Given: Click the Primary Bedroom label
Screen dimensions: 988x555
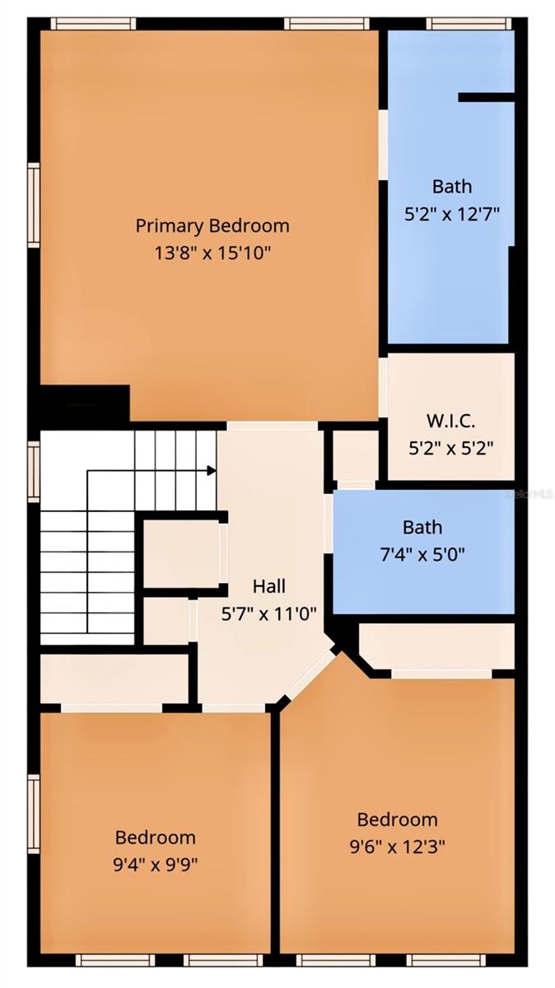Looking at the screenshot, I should pyautogui.click(x=212, y=225).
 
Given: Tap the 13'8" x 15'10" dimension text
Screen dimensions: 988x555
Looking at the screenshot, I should pyautogui.click(x=212, y=251).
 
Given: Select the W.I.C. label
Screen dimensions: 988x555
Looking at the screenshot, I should pyautogui.click(x=450, y=421).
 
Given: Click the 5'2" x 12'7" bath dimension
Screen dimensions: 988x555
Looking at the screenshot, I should pyautogui.click(x=452, y=212).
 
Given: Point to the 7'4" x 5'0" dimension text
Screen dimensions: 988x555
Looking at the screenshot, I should pyautogui.click(x=422, y=554).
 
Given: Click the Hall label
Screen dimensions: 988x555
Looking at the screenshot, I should pyautogui.click(x=269, y=585).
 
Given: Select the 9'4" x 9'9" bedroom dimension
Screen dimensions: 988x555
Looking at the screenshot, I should pyautogui.click(x=156, y=864).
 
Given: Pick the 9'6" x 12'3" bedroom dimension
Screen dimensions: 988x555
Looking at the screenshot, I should pyautogui.click(x=397, y=846).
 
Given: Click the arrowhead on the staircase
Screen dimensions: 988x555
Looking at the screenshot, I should pyautogui.click(x=212, y=470).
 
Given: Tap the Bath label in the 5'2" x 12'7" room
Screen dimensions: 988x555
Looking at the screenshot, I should pyautogui.click(x=452, y=186).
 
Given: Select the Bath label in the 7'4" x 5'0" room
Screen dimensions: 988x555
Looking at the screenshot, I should pyautogui.click(x=422, y=527).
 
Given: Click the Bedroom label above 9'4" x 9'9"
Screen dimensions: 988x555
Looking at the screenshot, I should pyautogui.click(x=156, y=837).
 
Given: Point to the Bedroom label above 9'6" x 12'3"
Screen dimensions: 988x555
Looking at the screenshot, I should pyautogui.click(x=397, y=819).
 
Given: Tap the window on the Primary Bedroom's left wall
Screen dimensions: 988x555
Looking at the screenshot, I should pyautogui.click(x=34, y=205).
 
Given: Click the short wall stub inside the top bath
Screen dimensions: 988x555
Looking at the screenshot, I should pyautogui.click(x=486, y=97).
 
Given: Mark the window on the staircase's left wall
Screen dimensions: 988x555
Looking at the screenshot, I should pyautogui.click(x=34, y=471).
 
